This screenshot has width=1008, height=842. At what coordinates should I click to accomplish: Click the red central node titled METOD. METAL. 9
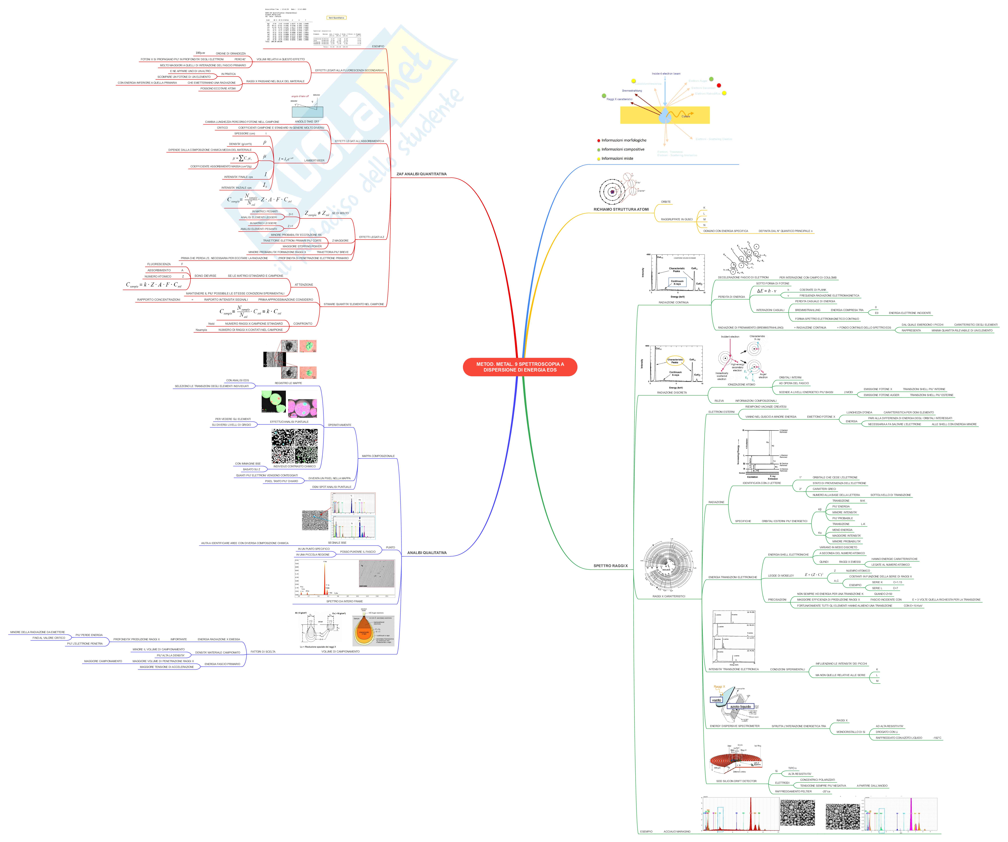(520, 367)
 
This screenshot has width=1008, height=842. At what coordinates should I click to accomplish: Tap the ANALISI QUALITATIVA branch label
(427, 553)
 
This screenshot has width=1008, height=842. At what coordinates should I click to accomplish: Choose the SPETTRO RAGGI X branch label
(610, 566)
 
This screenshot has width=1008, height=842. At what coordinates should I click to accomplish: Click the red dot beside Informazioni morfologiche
(599, 141)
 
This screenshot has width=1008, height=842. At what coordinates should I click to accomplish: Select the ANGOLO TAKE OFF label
(307, 121)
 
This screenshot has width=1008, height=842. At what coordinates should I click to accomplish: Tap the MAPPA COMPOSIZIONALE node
(378, 456)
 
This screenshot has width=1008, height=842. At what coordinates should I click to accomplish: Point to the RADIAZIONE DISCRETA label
(672, 392)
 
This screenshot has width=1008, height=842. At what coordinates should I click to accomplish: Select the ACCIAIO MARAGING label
(677, 832)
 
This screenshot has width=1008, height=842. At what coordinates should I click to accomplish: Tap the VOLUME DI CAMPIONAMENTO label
(340, 651)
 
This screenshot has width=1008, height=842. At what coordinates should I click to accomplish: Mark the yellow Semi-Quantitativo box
(336, 18)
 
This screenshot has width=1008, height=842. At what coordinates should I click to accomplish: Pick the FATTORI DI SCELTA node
(263, 651)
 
